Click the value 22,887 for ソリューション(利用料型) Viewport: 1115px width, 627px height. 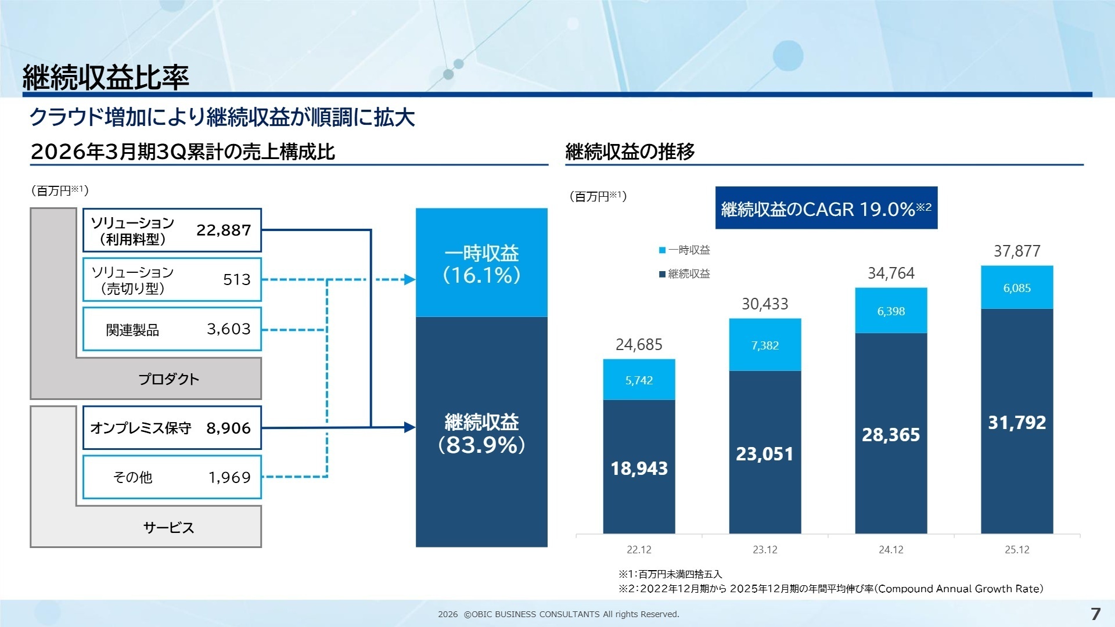click(x=224, y=230)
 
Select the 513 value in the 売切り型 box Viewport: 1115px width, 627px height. click(x=237, y=280)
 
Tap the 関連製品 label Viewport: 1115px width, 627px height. click(x=132, y=330)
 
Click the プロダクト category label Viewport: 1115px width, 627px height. click(x=168, y=379)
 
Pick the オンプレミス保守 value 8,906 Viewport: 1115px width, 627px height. click(x=228, y=428)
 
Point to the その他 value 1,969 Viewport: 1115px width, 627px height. click(x=229, y=477)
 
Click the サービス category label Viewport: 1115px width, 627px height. click(x=168, y=527)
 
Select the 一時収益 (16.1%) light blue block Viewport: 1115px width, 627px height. click(x=481, y=263)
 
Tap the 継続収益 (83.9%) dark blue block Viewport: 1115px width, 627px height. click(x=481, y=433)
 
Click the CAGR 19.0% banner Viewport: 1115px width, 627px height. click(x=826, y=208)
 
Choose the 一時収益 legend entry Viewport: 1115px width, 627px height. click(x=685, y=250)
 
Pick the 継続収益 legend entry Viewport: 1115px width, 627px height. click(x=685, y=274)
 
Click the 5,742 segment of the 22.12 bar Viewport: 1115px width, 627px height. click(x=639, y=380)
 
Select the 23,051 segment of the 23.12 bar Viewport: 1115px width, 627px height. click(x=765, y=453)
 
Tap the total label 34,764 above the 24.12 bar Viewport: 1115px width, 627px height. click(x=891, y=273)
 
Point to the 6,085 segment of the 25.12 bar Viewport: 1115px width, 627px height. click(x=1017, y=288)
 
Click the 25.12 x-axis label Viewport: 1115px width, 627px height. click(x=1017, y=550)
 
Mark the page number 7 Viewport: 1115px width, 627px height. click(x=1095, y=614)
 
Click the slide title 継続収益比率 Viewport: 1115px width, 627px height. click(x=106, y=77)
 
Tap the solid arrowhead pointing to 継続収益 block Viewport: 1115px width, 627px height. click(x=409, y=428)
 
